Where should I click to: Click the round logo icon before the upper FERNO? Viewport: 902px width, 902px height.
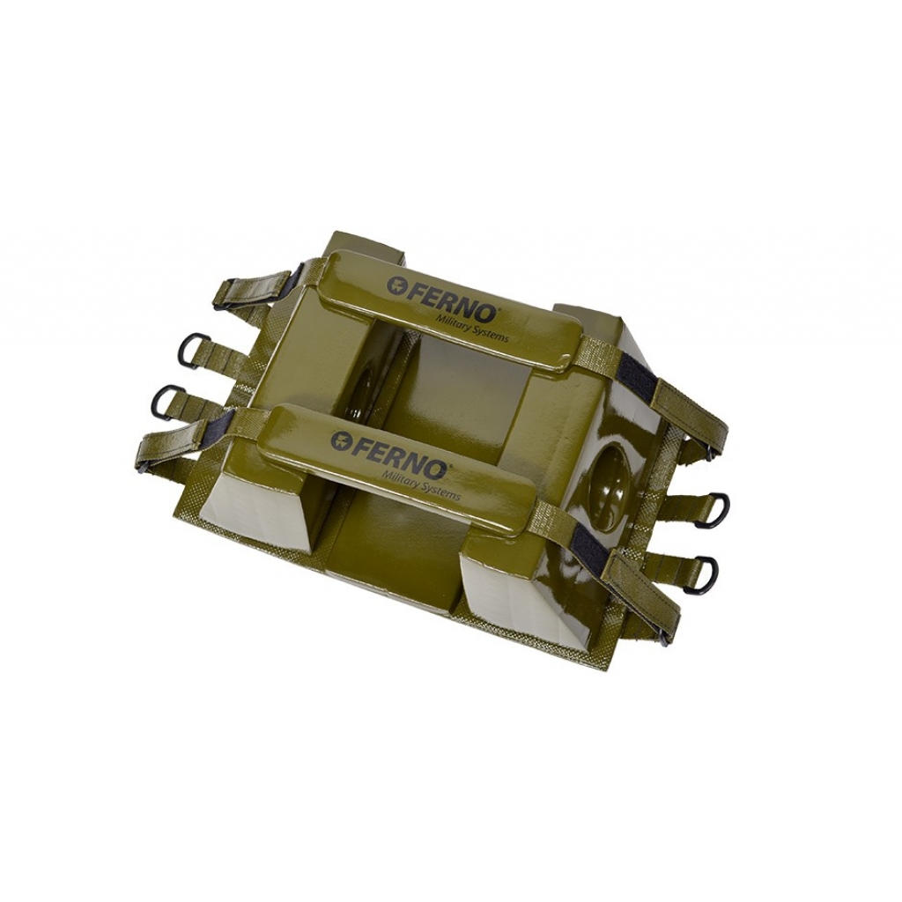(396, 285)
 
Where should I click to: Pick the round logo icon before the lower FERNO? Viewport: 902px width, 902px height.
(341, 440)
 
